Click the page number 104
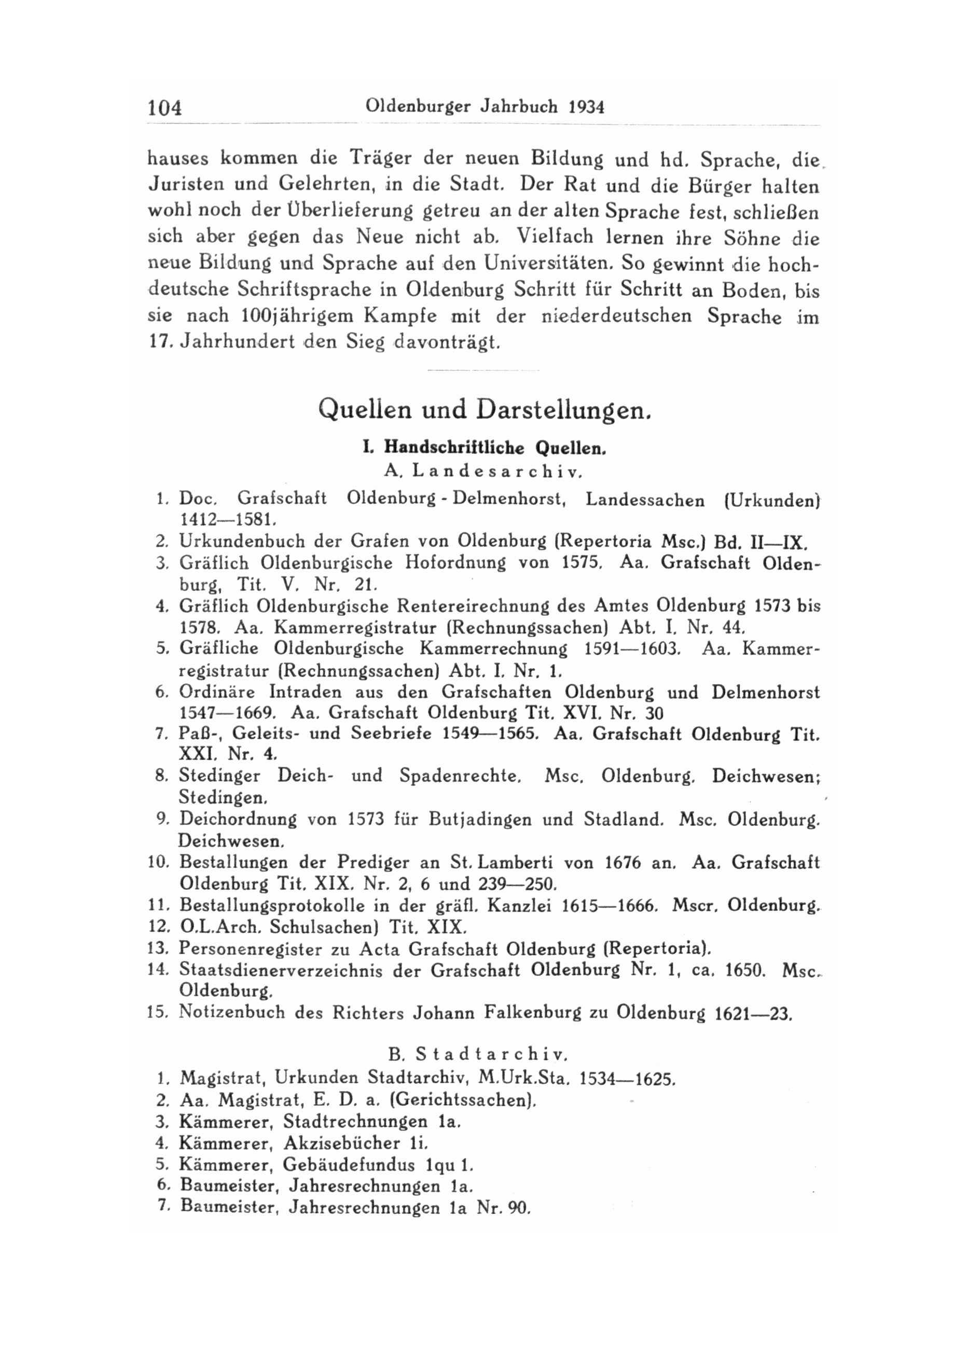pos(164,108)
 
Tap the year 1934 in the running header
pos(587,107)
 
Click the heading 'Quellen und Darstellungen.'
pos(483,409)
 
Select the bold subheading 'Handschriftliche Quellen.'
pos(495,447)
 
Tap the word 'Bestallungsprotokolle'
pos(272,906)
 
